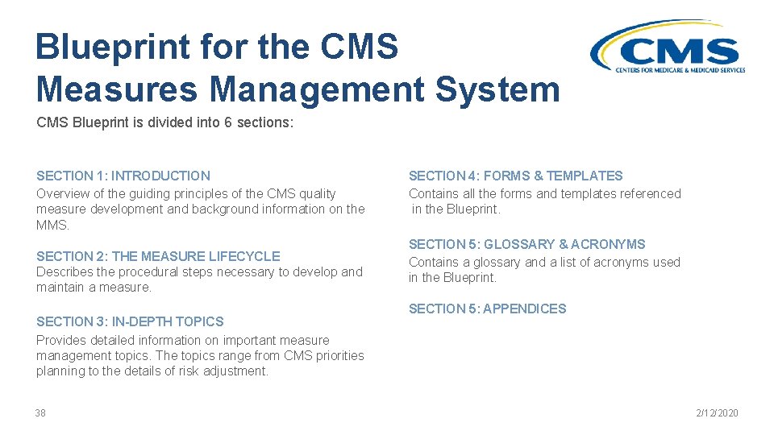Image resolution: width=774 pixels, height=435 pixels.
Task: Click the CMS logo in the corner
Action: (x=667, y=48)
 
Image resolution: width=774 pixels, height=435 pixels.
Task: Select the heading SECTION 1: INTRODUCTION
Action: (x=123, y=176)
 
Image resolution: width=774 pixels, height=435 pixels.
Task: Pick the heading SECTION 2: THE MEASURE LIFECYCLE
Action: (x=158, y=256)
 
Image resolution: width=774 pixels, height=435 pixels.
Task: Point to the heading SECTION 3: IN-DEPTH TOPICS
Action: (x=130, y=321)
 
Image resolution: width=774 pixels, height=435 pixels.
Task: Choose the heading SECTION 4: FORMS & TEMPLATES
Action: (x=515, y=176)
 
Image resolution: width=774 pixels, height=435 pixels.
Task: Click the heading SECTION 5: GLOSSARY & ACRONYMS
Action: (x=526, y=244)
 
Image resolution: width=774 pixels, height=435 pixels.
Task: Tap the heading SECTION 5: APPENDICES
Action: (x=487, y=309)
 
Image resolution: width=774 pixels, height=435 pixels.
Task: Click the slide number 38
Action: (x=40, y=413)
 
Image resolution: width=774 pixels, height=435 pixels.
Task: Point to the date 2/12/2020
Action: (x=717, y=413)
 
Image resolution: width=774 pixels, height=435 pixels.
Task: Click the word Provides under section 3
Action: (x=61, y=340)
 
